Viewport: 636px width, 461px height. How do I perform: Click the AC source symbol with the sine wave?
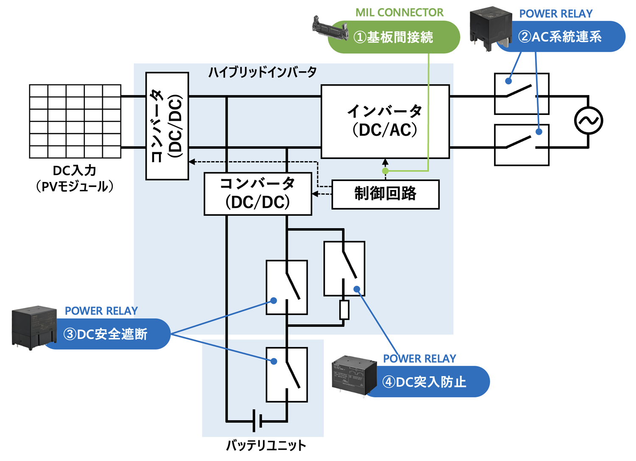(589, 121)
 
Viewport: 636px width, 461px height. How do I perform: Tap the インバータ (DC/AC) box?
(385, 121)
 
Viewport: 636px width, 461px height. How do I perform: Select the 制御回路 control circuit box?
(385, 194)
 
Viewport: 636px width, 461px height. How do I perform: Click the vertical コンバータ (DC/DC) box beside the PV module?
(167, 126)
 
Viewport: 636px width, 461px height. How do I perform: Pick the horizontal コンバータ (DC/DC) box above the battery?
(258, 194)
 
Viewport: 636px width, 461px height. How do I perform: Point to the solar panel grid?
(75, 121)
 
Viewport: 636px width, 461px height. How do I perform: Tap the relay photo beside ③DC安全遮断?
(33, 327)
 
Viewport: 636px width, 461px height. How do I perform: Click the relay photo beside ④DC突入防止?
(354, 375)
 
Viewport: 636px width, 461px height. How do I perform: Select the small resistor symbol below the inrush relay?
(344, 310)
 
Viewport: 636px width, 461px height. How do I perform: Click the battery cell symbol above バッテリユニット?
(257, 421)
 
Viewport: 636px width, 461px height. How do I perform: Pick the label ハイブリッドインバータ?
(262, 72)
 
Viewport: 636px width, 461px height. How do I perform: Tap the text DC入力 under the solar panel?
(75, 170)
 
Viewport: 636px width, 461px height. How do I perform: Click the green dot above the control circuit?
(385, 171)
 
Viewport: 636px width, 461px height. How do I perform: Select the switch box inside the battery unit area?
(287, 374)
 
